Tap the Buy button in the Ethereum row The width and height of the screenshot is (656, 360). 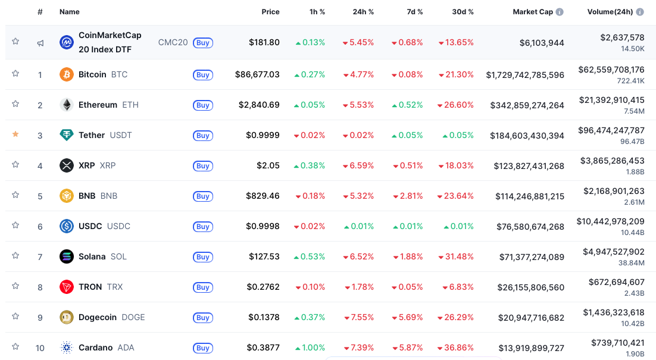(203, 105)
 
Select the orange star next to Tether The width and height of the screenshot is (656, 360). (15, 134)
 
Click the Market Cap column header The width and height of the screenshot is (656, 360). (533, 12)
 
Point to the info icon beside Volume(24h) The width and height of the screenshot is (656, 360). (640, 12)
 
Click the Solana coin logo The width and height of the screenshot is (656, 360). (67, 256)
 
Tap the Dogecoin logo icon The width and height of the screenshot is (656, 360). (67, 317)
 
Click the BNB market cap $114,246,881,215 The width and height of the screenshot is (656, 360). (529, 196)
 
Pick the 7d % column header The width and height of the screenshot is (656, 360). (414, 12)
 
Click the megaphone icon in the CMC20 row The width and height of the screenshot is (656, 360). (40, 43)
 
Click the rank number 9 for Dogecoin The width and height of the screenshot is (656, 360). (40, 318)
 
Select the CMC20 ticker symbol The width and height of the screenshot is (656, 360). (173, 42)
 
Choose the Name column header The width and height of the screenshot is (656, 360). (69, 12)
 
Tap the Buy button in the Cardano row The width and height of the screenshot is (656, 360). (203, 348)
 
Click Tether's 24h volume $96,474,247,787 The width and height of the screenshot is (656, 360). (611, 130)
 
